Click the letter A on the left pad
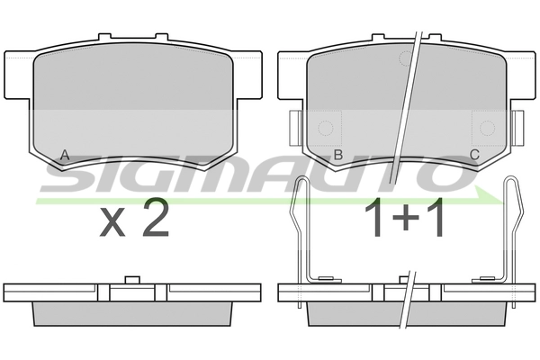(65, 155)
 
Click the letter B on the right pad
(338, 155)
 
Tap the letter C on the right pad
(474, 155)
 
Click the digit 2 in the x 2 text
(156, 218)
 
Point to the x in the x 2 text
(112, 223)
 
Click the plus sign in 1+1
(406, 217)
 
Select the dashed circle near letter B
(326, 128)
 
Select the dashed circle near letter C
(487, 128)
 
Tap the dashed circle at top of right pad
(407, 58)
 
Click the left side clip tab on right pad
(296, 128)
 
